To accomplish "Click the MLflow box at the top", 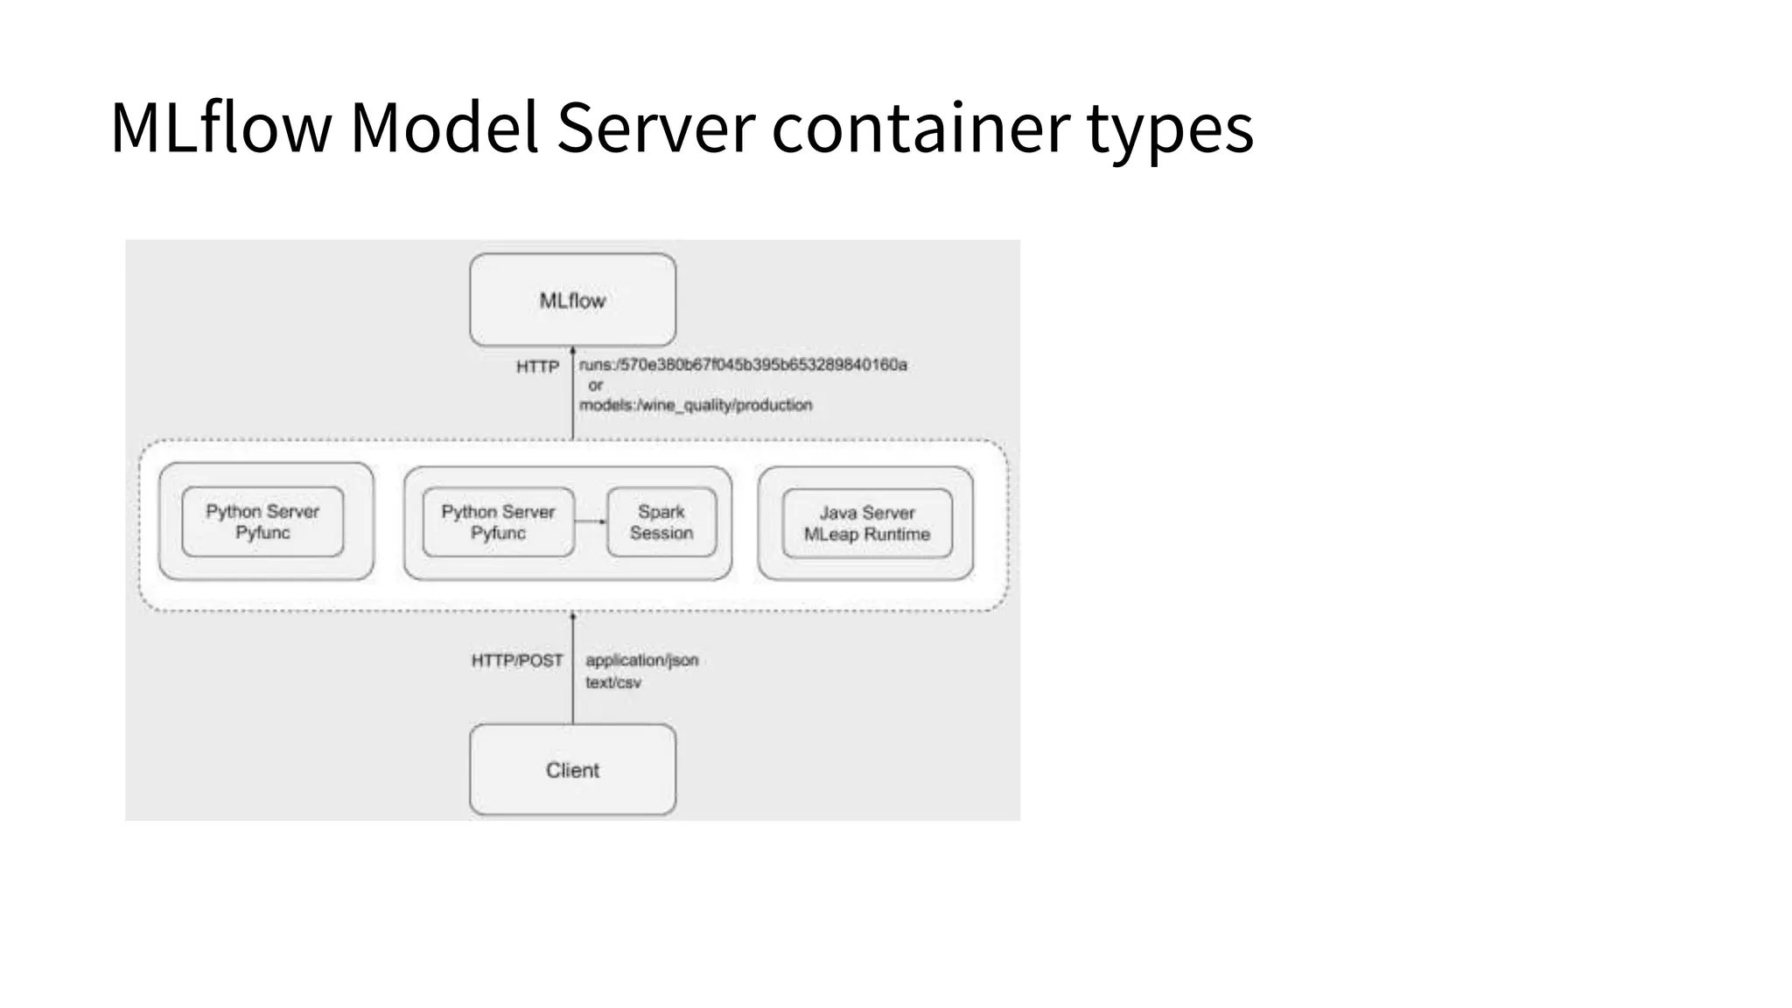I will (x=572, y=300).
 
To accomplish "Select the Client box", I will (x=572, y=770).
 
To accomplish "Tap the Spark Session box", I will (x=661, y=522).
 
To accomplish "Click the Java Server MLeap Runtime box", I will (x=866, y=523).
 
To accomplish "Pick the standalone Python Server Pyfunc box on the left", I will (x=262, y=522).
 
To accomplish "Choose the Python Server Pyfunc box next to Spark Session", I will (x=498, y=522).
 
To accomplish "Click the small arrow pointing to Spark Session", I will (x=591, y=521).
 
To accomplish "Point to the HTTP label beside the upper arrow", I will (x=537, y=367).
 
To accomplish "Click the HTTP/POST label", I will (x=517, y=661).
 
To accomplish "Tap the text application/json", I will (x=641, y=660).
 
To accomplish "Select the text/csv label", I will (x=612, y=682).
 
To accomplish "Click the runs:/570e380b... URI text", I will (x=743, y=364).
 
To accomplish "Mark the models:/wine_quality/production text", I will (x=696, y=405).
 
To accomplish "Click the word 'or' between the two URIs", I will (x=595, y=385).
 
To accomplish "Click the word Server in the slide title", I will (x=655, y=128).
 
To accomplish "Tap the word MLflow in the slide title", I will (x=220, y=128).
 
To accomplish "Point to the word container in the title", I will (x=920, y=128).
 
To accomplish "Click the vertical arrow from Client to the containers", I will (x=573, y=669).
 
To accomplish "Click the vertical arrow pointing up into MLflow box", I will (x=573, y=394).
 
